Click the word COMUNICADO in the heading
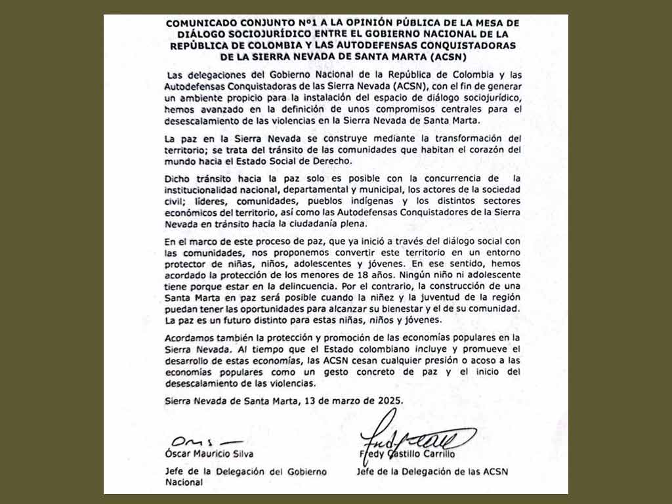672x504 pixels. [x=195, y=23]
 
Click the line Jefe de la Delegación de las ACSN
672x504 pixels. [x=432, y=471]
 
